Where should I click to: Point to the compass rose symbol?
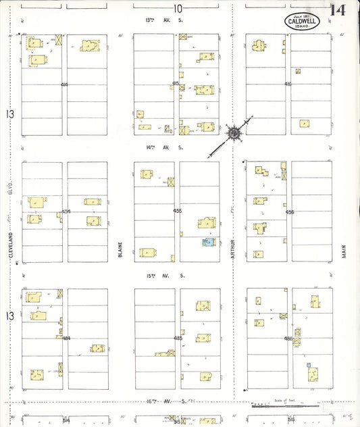pyautogui.click(x=234, y=133)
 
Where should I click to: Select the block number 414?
pyautogui.click(x=64, y=84)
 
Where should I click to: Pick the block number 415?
pyautogui.click(x=177, y=84)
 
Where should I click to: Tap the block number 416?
pyautogui.click(x=288, y=84)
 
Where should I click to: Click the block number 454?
pyautogui.click(x=66, y=211)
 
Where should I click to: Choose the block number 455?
pyautogui.click(x=178, y=211)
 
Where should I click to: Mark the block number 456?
pyautogui.click(x=290, y=211)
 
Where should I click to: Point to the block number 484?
pyautogui.click(x=66, y=338)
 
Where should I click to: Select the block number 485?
pyautogui.click(x=178, y=338)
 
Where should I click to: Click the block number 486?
pyautogui.click(x=289, y=338)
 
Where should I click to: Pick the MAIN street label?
pyautogui.click(x=344, y=251)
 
